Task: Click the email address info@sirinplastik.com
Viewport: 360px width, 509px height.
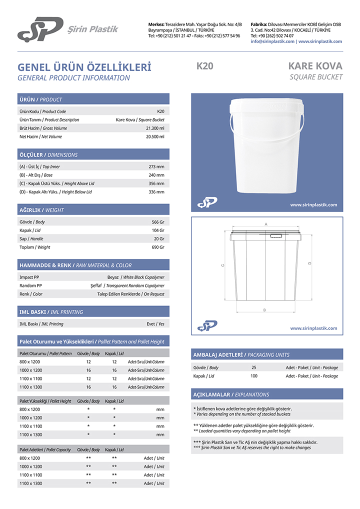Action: click(x=272, y=41)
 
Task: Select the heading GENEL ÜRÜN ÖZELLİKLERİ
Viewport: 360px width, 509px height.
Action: click(x=84, y=67)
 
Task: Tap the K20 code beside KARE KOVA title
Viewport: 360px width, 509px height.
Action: click(x=205, y=65)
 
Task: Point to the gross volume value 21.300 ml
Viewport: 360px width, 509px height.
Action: click(x=154, y=128)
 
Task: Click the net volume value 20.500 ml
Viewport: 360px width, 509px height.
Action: click(x=154, y=137)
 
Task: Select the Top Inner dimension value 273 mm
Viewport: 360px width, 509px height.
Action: click(x=156, y=166)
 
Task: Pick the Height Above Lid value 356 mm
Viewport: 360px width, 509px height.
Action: click(x=156, y=183)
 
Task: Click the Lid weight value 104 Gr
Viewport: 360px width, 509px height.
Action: click(x=158, y=230)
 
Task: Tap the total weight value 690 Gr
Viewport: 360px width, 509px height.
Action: click(x=158, y=247)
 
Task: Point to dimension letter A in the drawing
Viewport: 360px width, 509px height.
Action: click(x=266, y=224)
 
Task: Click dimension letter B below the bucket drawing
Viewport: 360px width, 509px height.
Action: click(x=264, y=310)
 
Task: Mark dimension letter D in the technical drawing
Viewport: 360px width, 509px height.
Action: click(x=309, y=263)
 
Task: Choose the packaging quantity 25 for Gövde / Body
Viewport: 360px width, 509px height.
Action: click(x=254, y=367)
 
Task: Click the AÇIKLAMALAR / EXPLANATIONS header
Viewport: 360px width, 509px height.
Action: click(x=231, y=394)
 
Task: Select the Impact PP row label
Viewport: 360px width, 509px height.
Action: click(x=27, y=277)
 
